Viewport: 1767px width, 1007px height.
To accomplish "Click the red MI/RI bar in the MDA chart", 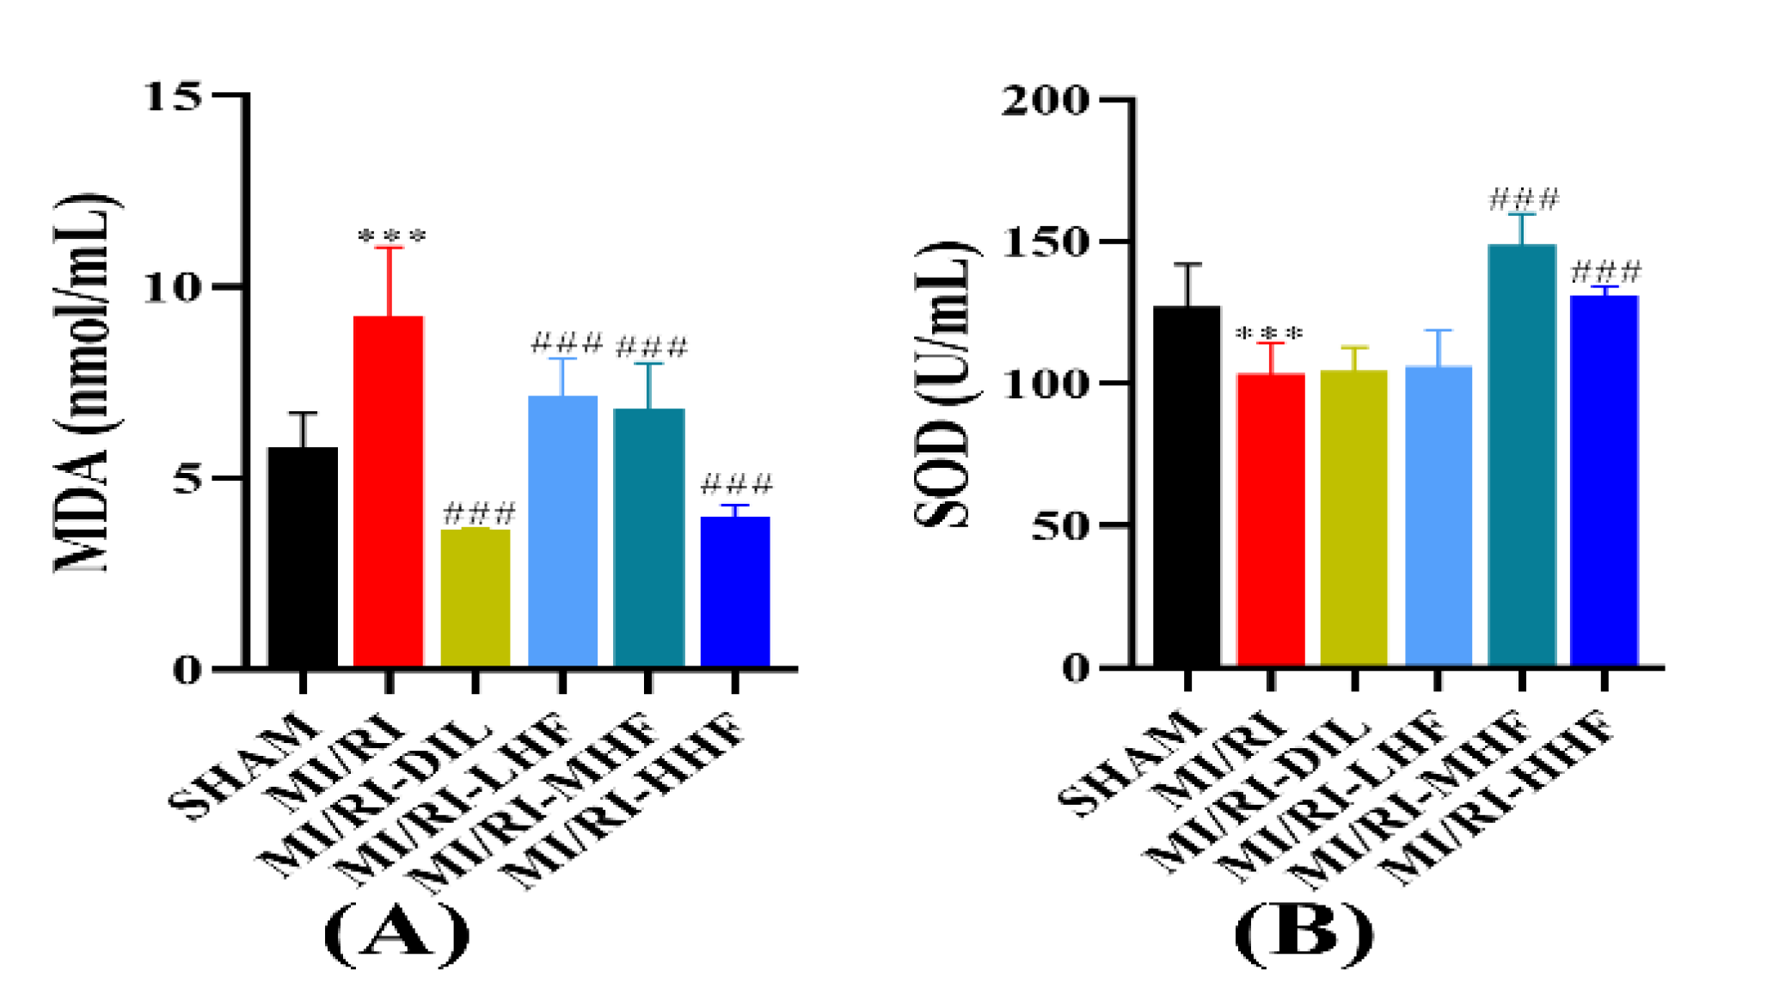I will pyautogui.click(x=389, y=491).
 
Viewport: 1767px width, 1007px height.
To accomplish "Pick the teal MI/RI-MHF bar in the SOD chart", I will pyautogui.click(x=1522, y=456).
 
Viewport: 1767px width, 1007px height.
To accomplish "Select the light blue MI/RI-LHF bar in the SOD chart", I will pyautogui.click(x=1439, y=516).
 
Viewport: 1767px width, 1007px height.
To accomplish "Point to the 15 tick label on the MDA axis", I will pyautogui.click(x=173, y=96).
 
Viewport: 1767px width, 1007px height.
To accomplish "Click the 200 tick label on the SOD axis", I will pyautogui.click(x=1045, y=101).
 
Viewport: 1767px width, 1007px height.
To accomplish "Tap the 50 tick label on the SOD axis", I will pyautogui.click(x=1059, y=525).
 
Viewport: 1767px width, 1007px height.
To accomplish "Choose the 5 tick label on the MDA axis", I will pyautogui.click(x=187, y=479).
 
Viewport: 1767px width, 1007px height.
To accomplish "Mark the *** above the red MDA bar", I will pyautogui.click(x=391, y=236).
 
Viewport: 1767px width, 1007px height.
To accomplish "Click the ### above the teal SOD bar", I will pyautogui.click(x=1523, y=200).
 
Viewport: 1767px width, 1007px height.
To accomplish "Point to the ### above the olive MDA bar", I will pyautogui.click(x=479, y=514).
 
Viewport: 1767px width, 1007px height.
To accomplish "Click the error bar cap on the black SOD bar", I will pyautogui.click(x=1187, y=264).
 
